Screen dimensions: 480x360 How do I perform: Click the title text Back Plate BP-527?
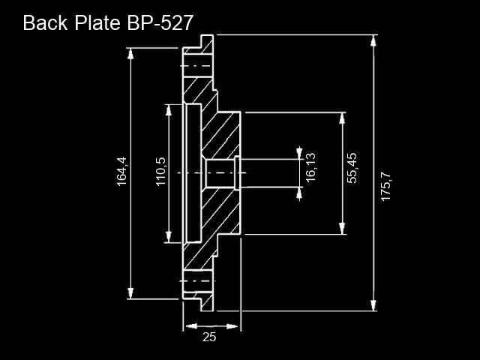(x=108, y=22)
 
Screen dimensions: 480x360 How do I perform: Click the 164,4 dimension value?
(x=121, y=172)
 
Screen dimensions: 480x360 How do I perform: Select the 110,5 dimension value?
(x=161, y=172)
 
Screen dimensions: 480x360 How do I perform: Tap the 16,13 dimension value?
(x=310, y=167)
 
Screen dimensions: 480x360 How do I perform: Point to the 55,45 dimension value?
(x=352, y=168)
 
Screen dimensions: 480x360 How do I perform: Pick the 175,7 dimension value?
(x=385, y=187)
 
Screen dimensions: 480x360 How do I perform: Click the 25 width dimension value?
(x=209, y=337)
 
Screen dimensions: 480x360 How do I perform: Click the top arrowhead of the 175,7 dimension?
(x=373, y=40)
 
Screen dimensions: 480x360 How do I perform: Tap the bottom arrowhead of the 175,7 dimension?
(x=373, y=305)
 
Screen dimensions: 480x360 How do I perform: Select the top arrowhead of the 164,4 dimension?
(x=130, y=54)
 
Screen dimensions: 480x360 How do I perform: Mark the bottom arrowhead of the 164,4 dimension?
(x=130, y=293)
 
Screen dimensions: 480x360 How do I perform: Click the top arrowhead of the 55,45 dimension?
(x=342, y=118)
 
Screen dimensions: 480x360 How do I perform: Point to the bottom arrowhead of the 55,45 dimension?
(x=342, y=229)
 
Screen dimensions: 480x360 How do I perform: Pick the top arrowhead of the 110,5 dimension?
(x=168, y=110)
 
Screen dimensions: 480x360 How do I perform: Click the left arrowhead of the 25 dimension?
(x=192, y=326)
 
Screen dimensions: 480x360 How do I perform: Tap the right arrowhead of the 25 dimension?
(x=232, y=326)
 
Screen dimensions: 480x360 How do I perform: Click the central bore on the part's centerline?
(x=220, y=173)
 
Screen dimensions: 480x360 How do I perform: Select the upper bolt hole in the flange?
(x=198, y=66)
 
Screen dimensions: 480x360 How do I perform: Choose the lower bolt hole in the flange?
(x=198, y=280)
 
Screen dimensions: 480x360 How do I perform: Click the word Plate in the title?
(x=97, y=22)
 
